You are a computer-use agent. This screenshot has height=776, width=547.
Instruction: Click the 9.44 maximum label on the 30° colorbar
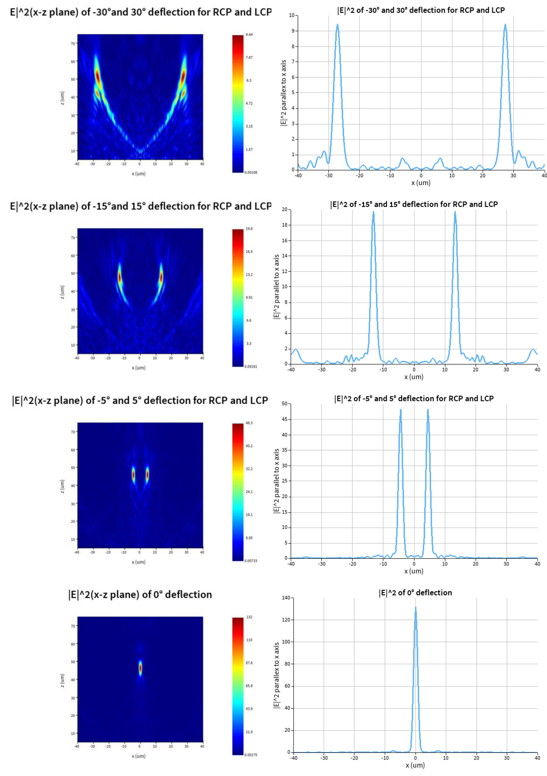pos(249,34)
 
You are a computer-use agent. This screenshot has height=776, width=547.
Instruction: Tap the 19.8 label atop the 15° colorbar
pos(249,229)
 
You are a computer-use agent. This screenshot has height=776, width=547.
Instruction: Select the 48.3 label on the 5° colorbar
pos(249,423)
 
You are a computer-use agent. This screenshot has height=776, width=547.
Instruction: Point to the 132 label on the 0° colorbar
pos(249,617)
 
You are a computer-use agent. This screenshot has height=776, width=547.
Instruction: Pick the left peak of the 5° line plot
pos(400,410)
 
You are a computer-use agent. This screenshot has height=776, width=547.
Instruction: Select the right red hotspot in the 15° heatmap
pos(161,277)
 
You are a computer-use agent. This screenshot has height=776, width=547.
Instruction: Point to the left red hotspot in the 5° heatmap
pos(133,475)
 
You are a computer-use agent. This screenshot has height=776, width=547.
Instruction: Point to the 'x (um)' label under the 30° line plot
pos(421,183)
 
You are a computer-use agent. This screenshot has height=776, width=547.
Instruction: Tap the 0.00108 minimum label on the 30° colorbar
pos(250,172)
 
